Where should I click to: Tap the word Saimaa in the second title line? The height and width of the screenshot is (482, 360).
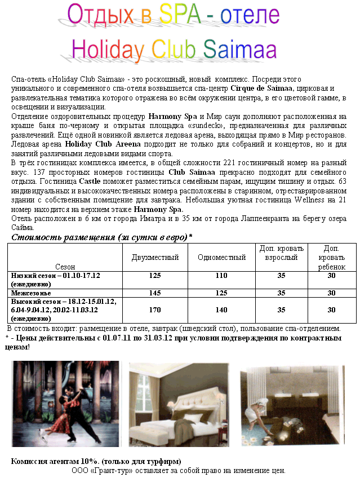[239, 50]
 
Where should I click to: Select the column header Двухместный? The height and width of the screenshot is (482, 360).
[155, 258]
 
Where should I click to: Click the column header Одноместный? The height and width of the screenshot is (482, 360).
[222, 258]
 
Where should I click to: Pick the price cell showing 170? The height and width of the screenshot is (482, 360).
[155, 309]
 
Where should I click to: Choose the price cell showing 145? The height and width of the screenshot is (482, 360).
[155, 293]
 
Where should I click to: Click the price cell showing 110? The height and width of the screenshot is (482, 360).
[221, 276]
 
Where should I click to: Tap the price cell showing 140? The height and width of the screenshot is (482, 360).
[221, 309]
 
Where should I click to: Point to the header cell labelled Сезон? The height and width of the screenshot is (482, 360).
[65, 266]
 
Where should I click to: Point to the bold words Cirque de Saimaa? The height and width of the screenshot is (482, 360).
[261, 89]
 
